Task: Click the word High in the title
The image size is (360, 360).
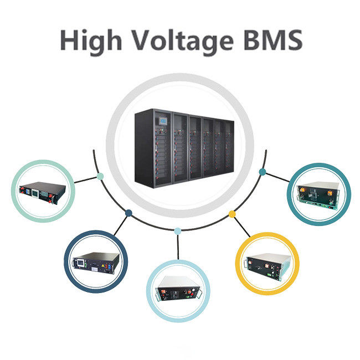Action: [89, 40]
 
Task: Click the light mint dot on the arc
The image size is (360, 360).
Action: [100, 177]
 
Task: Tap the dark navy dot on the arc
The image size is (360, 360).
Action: [128, 212]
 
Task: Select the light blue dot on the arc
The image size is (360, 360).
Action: [177, 230]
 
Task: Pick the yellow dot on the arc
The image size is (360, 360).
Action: [232, 214]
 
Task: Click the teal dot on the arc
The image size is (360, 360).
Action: [261, 172]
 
